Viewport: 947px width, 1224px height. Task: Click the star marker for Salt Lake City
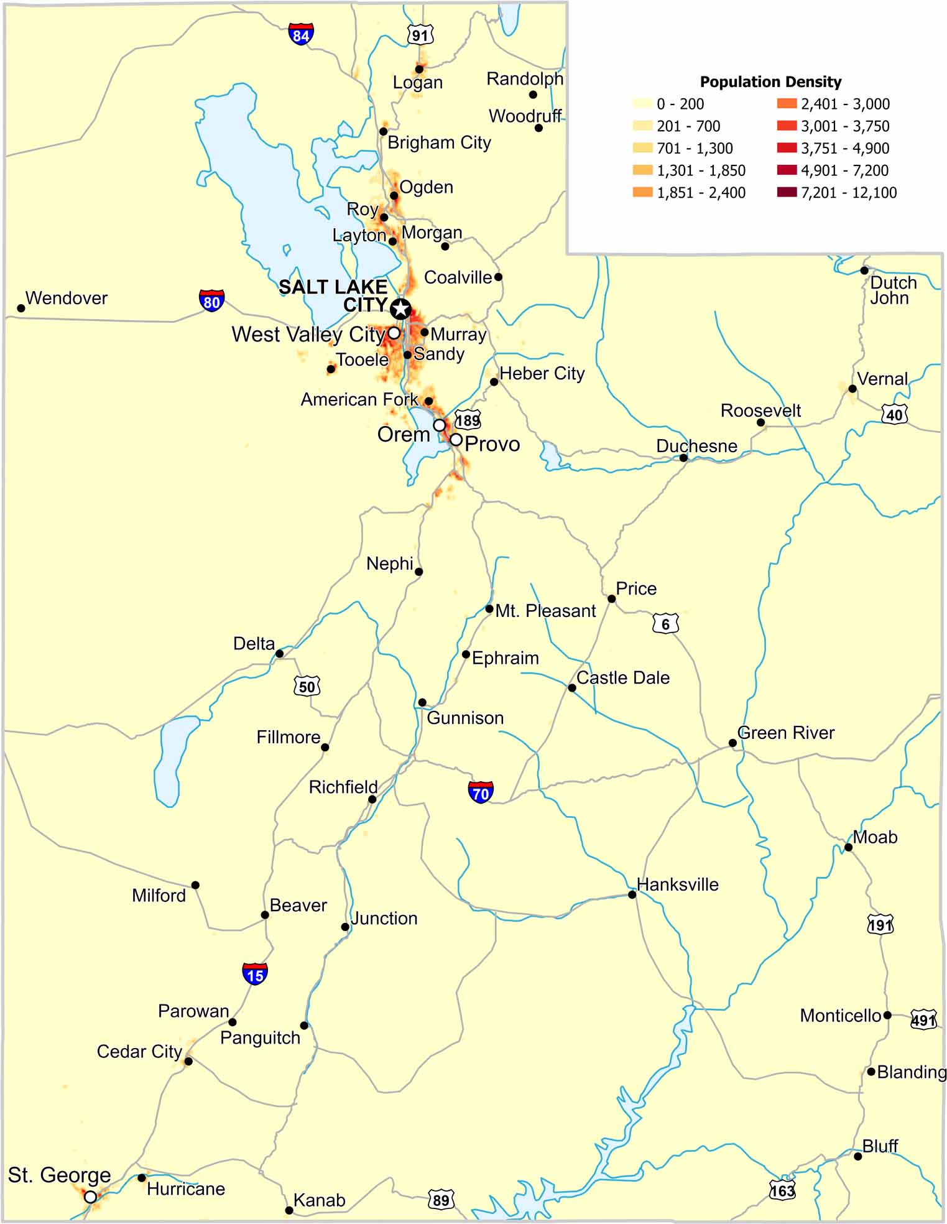401,308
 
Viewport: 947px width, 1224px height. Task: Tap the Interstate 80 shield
211,300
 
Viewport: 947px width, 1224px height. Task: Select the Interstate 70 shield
481,792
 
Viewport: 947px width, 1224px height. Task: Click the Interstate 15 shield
255,974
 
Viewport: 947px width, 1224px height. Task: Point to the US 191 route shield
880,924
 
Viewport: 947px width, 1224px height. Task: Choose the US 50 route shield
307,686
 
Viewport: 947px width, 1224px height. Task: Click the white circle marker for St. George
91,1196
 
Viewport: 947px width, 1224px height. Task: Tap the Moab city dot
848,847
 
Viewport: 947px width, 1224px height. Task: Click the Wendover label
66,298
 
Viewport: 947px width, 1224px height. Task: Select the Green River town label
785,733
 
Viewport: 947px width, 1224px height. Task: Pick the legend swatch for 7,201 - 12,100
786,192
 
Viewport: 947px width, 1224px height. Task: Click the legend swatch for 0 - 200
642,104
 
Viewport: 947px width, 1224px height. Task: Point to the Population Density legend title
770,81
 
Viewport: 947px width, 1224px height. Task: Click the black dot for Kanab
289,1210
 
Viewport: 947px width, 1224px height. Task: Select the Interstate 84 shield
300,34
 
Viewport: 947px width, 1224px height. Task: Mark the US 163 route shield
782,1190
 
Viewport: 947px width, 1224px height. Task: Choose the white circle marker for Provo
456,440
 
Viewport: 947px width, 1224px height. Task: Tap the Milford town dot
195,884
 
